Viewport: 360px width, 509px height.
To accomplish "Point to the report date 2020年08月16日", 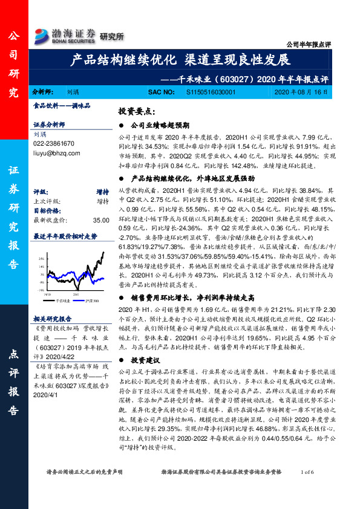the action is coord(301,92).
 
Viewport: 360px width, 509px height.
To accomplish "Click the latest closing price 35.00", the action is coord(101,222).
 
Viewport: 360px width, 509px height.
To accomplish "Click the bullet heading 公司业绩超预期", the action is coord(160,125).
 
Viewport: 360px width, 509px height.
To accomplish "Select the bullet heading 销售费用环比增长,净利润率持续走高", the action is coord(192,297).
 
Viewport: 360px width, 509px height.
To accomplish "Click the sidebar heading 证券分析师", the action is coord(49,124).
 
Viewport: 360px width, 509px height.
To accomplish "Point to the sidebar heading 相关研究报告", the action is coord(53,319).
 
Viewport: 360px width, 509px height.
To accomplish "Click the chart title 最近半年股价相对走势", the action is coord(65,236).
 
